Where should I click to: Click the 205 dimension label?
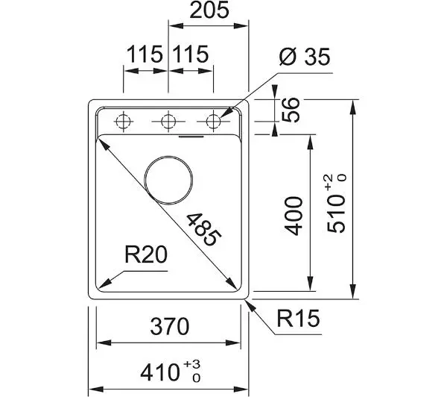coord(209,10)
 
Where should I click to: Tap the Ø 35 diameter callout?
coord(305,57)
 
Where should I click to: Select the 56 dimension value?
coord(291,110)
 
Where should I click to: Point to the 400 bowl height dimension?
coord(294,216)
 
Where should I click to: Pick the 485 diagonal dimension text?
coord(203,229)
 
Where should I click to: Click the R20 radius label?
coord(146,254)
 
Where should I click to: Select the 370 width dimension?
coord(170,326)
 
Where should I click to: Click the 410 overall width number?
coord(160,372)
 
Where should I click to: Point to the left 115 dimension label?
coord(145,54)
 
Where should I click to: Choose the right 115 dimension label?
coord(191,54)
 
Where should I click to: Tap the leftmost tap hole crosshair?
coord(124,122)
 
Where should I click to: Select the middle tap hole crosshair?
coord(168,122)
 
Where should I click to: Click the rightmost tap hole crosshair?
coord(213,122)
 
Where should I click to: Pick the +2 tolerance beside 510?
coord(329,182)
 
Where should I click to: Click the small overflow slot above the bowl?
coord(191,137)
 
